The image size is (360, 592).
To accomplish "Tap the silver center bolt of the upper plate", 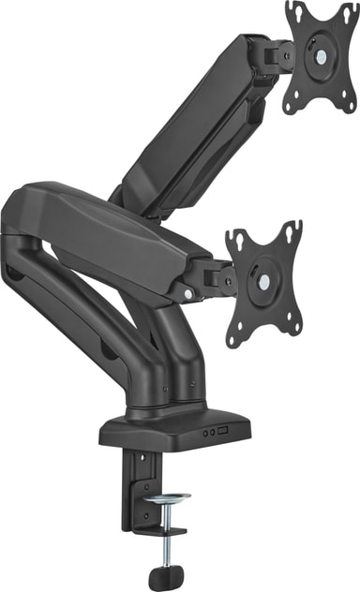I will coord(322,55).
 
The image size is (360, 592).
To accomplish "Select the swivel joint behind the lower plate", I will coord(217,277).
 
